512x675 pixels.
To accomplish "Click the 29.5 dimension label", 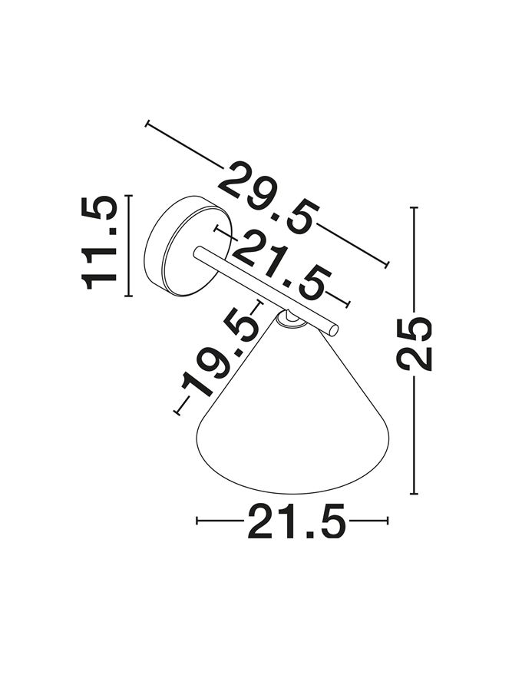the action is pyautogui.click(x=269, y=198).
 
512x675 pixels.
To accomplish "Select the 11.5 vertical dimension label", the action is pyautogui.click(x=98, y=243).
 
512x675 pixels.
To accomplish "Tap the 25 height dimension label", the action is pyautogui.click(x=414, y=344).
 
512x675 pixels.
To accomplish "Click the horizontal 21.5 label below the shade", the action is pyautogui.click(x=296, y=521).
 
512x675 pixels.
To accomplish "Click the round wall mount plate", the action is pyautogui.click(x=189, y=246).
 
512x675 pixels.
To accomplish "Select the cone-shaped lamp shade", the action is pyautogui.click(x=292, y=413).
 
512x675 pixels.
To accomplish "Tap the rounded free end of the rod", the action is pyautogui.click(x=333, y=329).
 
